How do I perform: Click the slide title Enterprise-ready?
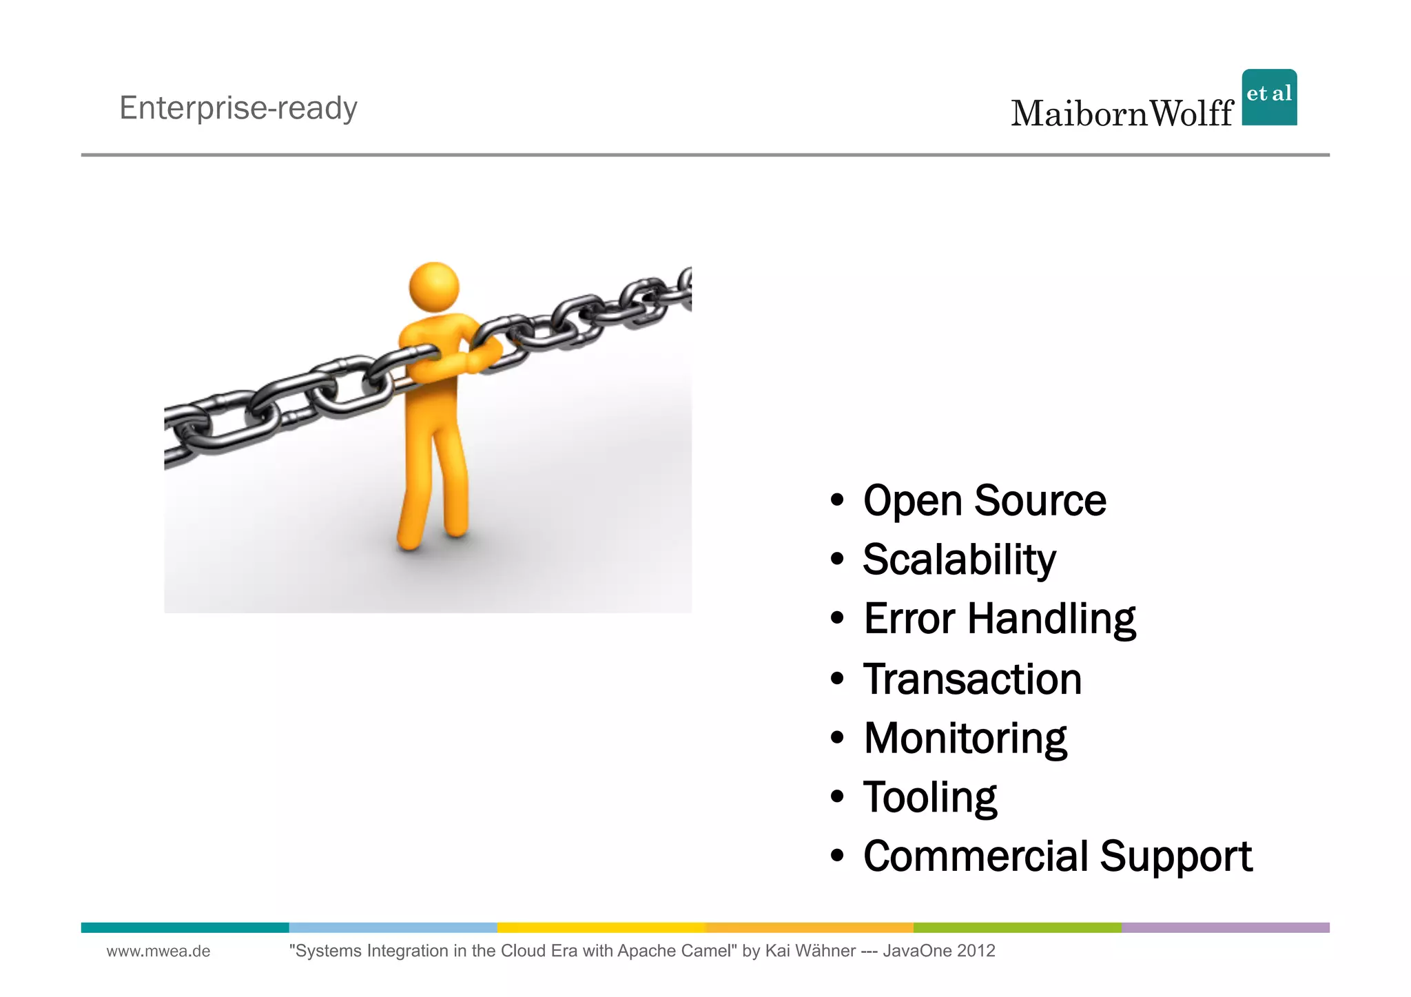pyautogui.click(x=238, y=108)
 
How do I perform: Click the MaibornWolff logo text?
pyautogui.click(x=1122, y=114)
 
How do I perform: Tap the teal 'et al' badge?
pyautogui.click(x=1269, y=97)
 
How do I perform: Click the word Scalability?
pyautogui.click(x=958, y=559)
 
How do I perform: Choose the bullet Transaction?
pyautogui.click(x=972, y=679)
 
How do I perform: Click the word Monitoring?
pyautogui.click(x=965, y=739)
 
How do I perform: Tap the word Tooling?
pyautogui.click(x=929, y=798)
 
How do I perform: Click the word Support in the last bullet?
pyautogui.click(x=1175, y=856)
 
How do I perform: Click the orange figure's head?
pyautogui.click(x=434, y=287)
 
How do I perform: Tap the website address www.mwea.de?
pyautogui.click(x=158, y=952)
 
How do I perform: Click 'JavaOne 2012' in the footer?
pyautogui.click(x=938, y=952)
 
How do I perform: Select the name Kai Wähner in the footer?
pyautogui.click(x=810, y=952)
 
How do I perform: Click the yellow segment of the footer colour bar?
pyautogui.click(x=601, y=927)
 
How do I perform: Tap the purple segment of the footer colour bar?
pyautogui.click(x=1225, y=927)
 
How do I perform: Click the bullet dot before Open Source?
pyautogui.click(x=837, y=501)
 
